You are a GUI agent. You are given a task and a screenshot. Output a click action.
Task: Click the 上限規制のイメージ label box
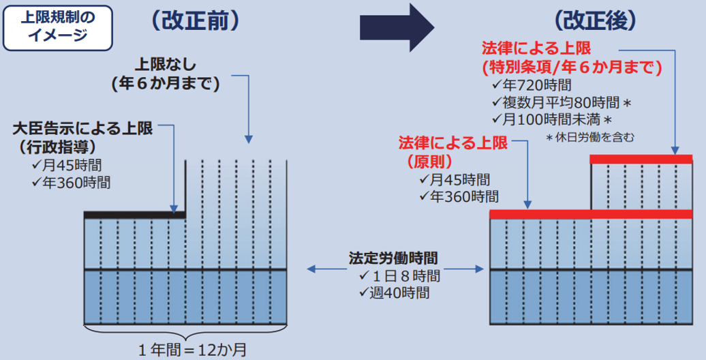(x=58, y=27)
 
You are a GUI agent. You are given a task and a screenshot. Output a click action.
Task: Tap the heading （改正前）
(x=196, y=21)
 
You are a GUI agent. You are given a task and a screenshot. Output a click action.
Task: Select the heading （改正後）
(x=595, y=20)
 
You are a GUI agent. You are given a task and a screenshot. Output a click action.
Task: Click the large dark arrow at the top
(x=397, y=28)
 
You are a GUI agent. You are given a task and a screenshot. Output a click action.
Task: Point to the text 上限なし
(x=166, y=64)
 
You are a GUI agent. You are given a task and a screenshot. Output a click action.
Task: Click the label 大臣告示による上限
(x=83, y=129)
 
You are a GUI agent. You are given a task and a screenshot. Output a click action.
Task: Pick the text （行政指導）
(x=55, y=147)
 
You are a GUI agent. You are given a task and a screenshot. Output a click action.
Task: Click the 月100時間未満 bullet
(x=552, y=120)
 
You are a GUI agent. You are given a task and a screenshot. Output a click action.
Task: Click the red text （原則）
(x=429, y=162)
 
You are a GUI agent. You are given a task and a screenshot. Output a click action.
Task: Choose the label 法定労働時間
(x=393, y=258)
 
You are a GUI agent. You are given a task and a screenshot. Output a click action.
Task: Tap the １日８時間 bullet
(x=399, y=275)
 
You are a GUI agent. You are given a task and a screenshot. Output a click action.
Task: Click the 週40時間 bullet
(x=394, y=293)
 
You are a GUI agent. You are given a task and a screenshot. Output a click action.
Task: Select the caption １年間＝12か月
(x=193, y=350)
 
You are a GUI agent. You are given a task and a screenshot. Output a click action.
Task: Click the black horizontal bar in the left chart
(x=135, y=215)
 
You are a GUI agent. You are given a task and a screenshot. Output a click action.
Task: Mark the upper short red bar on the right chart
(x=641, y=159)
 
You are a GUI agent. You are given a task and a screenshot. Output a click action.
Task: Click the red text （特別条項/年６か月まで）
(x=572, y=67)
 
